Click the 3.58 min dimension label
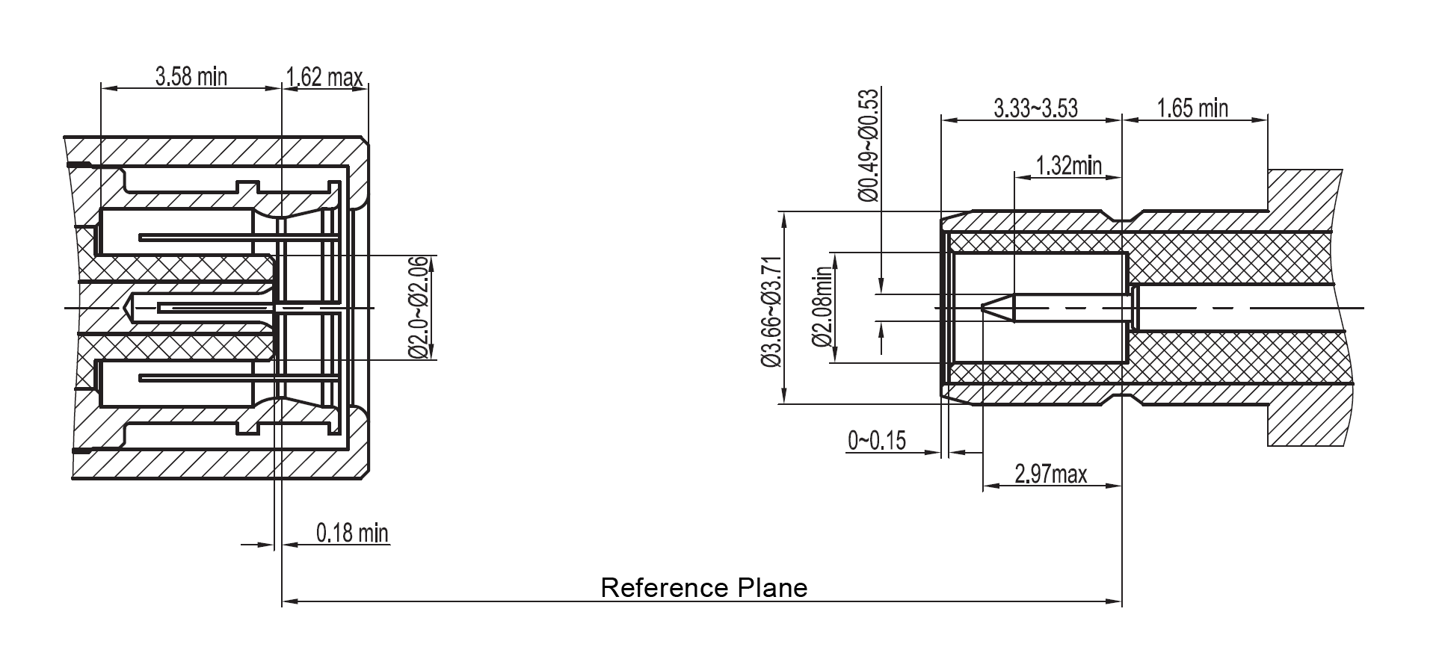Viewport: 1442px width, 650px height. coord(191,76)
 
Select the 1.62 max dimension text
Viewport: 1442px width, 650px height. coord(324,77)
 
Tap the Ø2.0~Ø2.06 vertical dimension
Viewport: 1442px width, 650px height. coord(419,308)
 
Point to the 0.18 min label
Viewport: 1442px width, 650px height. coord(352,533)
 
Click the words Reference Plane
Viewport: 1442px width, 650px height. coord(703,587)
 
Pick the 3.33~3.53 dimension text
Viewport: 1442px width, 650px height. coord(1035,108)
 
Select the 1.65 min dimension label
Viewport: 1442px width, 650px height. coord(1192,108)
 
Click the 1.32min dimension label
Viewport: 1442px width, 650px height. coord(1068,165)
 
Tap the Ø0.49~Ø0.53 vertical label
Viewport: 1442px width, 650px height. coord(868,146)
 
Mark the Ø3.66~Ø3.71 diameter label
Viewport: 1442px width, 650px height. coord(771,312)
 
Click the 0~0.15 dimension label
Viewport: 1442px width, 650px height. coord(876,441)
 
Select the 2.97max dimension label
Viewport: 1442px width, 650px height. coord(1050,474)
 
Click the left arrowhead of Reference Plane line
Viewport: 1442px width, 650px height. coord(289,600)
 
